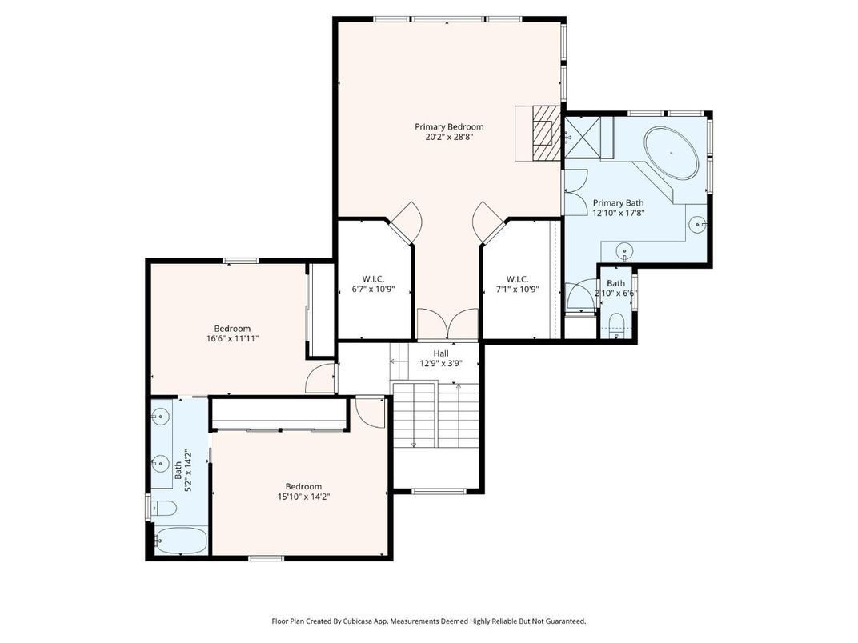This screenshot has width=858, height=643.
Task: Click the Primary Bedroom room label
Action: [449, 126]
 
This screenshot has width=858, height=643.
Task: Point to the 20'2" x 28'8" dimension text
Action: [449, 137]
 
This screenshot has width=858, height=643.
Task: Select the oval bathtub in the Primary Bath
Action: [672, 152]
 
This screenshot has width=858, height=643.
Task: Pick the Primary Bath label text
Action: [618, 203]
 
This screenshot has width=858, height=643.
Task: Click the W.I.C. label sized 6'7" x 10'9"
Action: [373, 279]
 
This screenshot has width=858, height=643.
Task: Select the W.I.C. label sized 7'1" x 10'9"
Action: [517, 279]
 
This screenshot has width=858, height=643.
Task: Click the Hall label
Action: [441, 353]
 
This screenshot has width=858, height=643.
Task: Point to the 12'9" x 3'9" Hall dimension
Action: [441, 364]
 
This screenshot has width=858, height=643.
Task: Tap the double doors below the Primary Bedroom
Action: [447, 325]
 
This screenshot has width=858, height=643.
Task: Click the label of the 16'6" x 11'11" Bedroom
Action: [232, 329]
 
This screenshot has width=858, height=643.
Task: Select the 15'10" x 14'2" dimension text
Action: [304, 497]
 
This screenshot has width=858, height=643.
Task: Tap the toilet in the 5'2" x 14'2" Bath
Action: [166, 508]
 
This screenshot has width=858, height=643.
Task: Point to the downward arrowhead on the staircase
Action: [414, 445]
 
